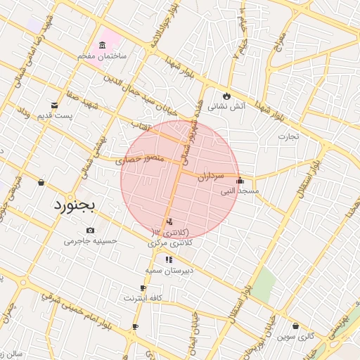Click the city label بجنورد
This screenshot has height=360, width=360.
[78, 205]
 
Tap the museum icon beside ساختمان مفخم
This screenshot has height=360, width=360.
[103, 46]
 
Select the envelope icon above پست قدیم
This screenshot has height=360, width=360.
[55, 105]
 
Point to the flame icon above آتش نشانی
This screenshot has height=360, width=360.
[226, 96]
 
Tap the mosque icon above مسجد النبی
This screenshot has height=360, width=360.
[240, 180]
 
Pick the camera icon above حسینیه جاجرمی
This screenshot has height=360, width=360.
[90, 231]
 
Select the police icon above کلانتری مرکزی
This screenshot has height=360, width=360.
[169, 222]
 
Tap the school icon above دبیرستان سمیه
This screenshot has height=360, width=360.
[168, 259]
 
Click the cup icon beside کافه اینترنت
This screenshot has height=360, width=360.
[143, 288]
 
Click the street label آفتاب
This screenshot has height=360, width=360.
[142, 124]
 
